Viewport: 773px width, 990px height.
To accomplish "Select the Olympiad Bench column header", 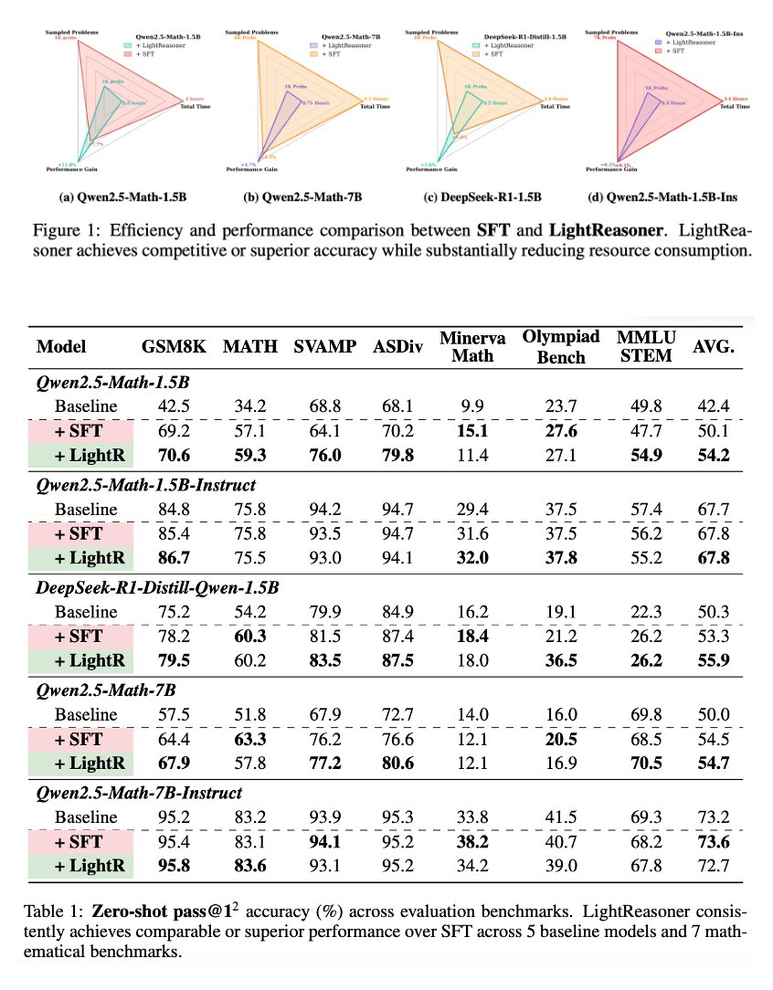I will [x=554, y=347].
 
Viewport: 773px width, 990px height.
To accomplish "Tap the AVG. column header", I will [x=712, y=347].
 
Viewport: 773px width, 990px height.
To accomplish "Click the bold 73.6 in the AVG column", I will [x=712, y=842].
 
